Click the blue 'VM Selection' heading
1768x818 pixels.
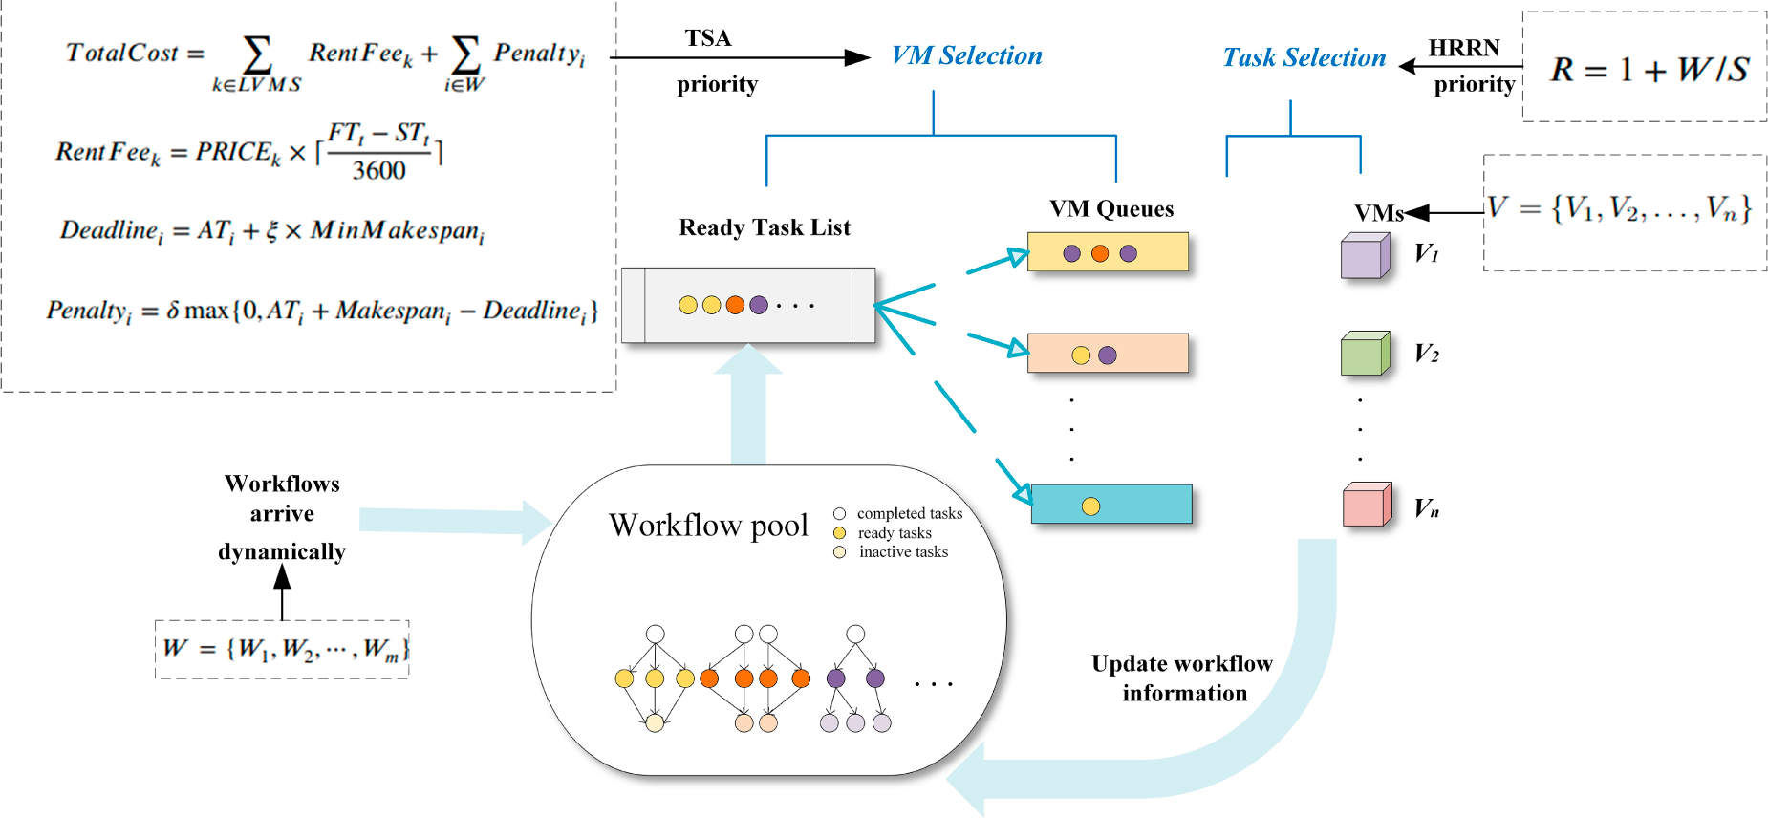tap(966, 55)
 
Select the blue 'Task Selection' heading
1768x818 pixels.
tap(1304, 57)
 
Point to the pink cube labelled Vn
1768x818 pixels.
tap(1366, 506)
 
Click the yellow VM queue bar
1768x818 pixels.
tap(1108, 252)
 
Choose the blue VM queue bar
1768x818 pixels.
tap(1111, 505)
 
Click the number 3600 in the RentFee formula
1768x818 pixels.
tap(378, 171)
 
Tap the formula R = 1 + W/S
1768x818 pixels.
tap(1649, 69)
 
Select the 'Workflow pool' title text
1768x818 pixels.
tap(708, 525)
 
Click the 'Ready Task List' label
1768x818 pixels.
tap(765, 227)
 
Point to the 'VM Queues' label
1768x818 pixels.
tap(1110, 209)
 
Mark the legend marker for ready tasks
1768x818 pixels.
tap(839, 533)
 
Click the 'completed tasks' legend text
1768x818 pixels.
tap(909, 514)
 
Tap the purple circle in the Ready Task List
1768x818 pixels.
tap(759, 305)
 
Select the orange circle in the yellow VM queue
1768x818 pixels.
tap(1100, 253)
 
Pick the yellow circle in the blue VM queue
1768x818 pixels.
tap(1090, 506)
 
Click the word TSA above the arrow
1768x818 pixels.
tap(708, 38)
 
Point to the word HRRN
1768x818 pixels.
tap(1463, 48)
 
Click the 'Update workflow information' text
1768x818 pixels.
tap(1183, 678)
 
